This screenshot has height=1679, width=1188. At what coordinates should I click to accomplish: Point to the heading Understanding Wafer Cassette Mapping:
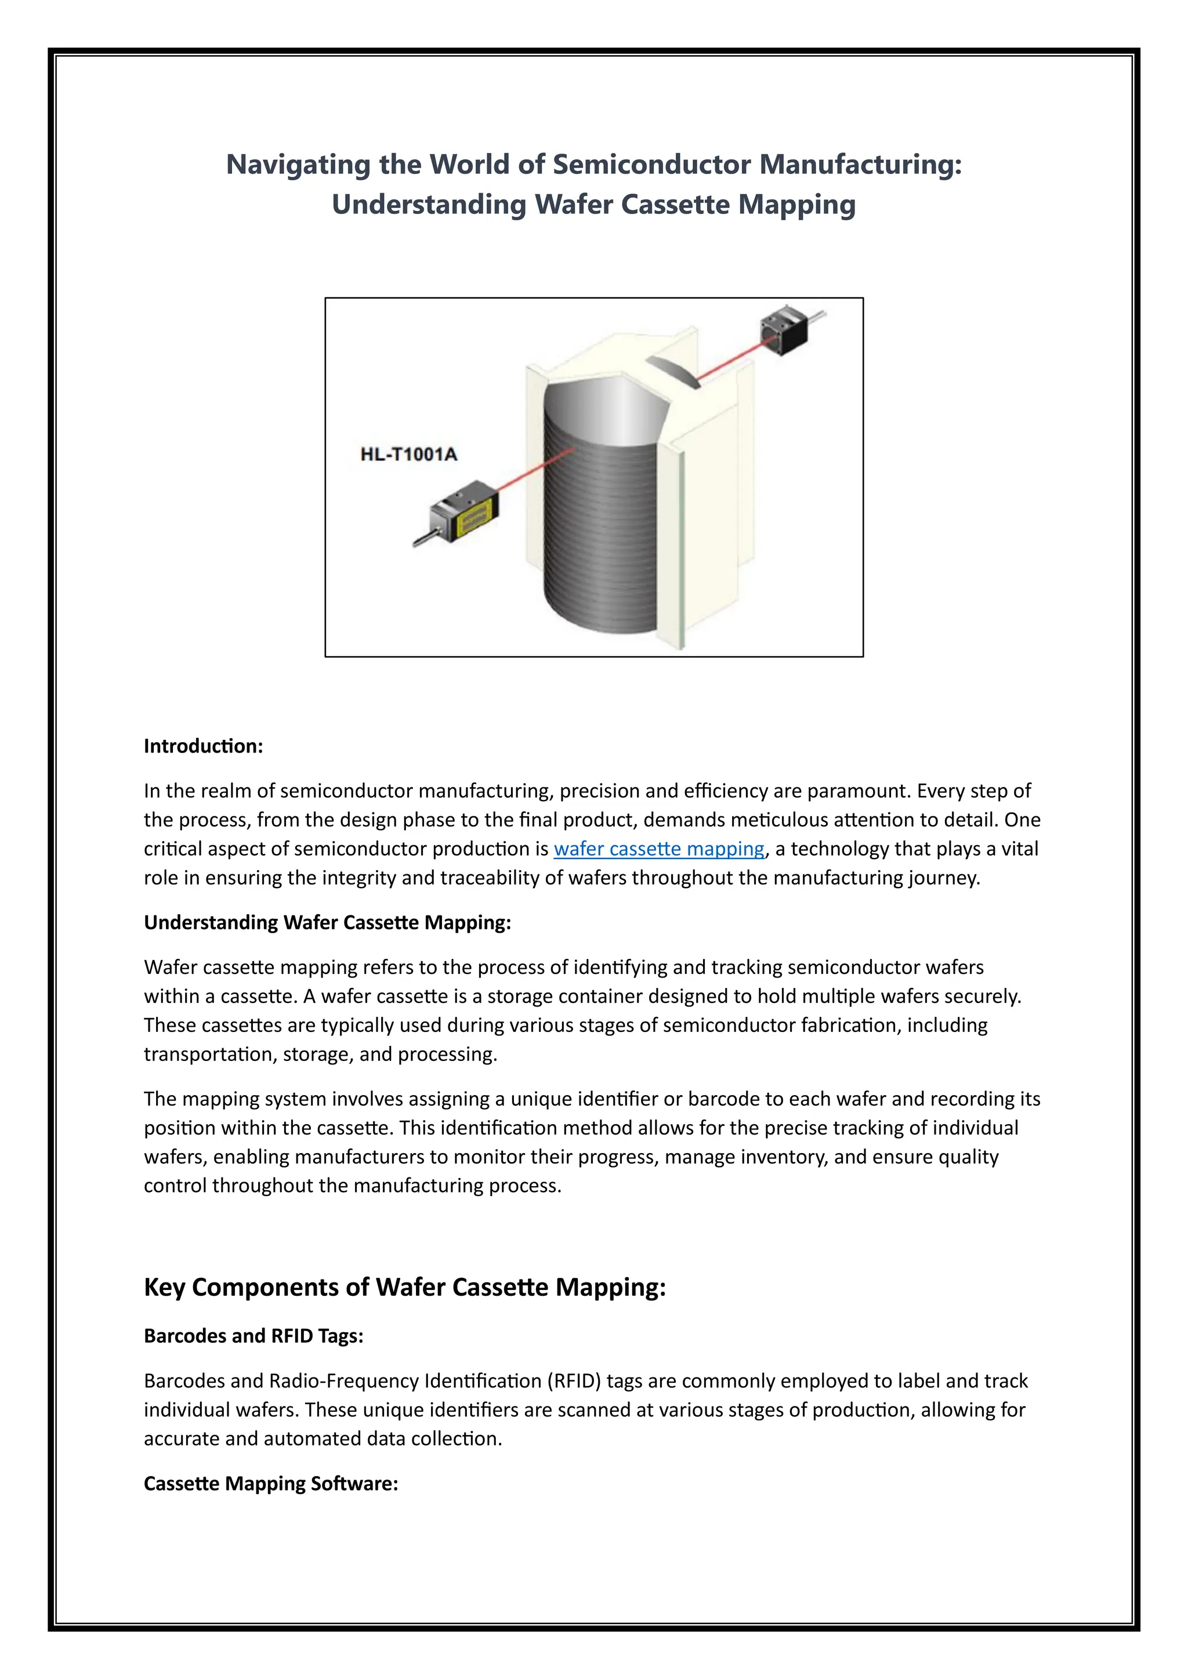[327, 922]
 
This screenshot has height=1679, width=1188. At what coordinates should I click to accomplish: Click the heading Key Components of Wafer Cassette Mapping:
[404, 1286]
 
